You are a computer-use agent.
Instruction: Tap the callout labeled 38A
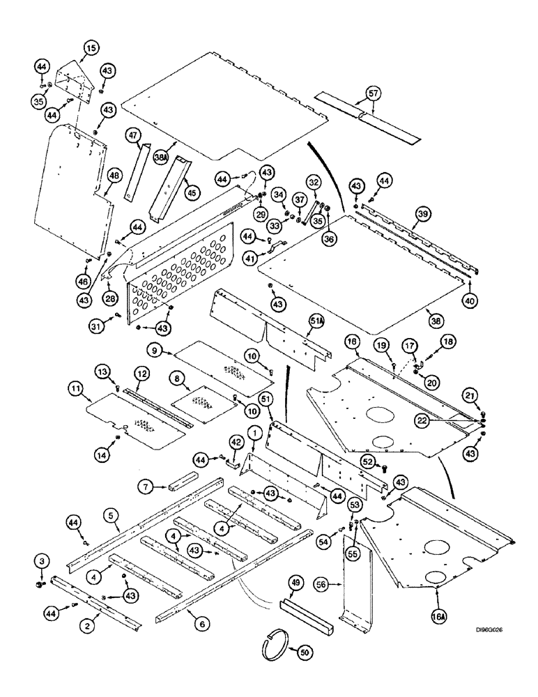(x=160, y=158)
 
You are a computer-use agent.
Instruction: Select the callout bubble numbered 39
(x=420, y=216)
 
